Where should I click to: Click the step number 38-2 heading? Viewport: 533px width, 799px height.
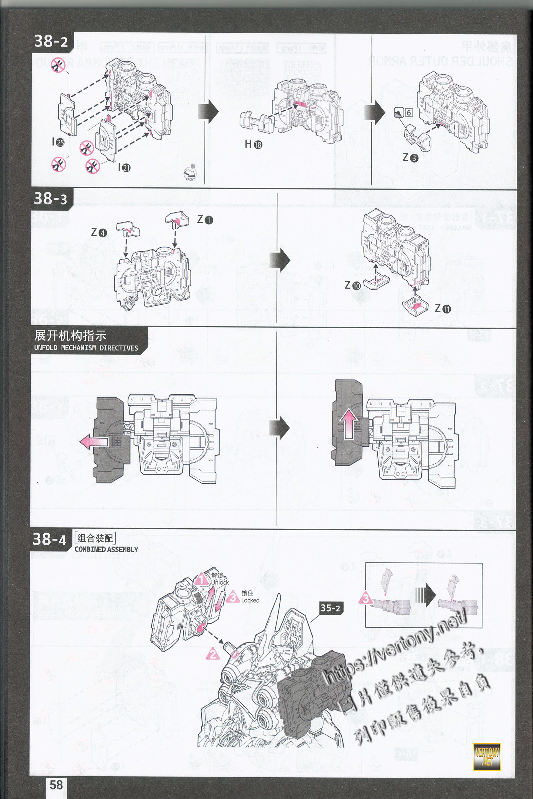pyautogui.click(x=51, y=41)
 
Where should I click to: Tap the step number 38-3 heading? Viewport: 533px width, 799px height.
pyautogui.click(x=50, y=199)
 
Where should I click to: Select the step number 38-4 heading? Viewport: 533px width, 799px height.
pyautogui.click(x=50, y=539)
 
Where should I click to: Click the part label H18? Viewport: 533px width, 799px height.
pyautogui.click(x=254, y=144)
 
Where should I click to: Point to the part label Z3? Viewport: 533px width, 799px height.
pyautogui.click(x=410, y=158)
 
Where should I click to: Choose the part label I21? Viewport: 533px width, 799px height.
pyautogui.click(x=124, y=167)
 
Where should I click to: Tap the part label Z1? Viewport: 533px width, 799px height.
pyautogui.click(x=205, y=220)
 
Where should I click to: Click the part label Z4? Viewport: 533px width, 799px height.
pyautogui.click(x=99, y=233)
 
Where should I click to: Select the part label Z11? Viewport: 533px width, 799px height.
pyautogui.click(x=443, y=309)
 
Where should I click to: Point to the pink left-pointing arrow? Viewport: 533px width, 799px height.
pyautogui.click(x=94, y=443)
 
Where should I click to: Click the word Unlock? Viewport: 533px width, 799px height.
pyautogui.click(x=220, y=582)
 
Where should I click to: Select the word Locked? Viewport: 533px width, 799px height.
pyautogui.click(x=250, y=600)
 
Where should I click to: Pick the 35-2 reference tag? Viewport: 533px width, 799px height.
pyautogui.click(x=330, y=608)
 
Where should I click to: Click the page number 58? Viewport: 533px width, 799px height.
pyautogui.click(x=56, y=785)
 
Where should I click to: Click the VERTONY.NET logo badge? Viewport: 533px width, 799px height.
pyautogui.click(x=487, y=756)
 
